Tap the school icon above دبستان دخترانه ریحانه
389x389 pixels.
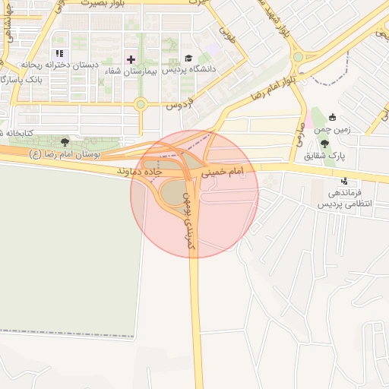click(x=59, y=53)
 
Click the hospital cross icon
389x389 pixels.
click(x=131, y=59)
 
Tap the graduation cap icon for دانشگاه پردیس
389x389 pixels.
click(x=188, y=58)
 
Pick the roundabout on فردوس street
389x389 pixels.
click(x=140, y=105)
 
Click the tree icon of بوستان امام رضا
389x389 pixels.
click(x=64, y=141)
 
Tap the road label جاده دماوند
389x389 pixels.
click(x=144, y=172)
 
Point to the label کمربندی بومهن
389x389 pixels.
click(x=187, y=221)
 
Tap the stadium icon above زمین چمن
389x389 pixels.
click(x=332, y=116)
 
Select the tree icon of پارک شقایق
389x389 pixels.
click(x=324, y=144)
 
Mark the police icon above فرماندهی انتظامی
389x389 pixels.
click(x=344, y=180)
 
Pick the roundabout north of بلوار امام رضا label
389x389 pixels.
click(x=298, y=57)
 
